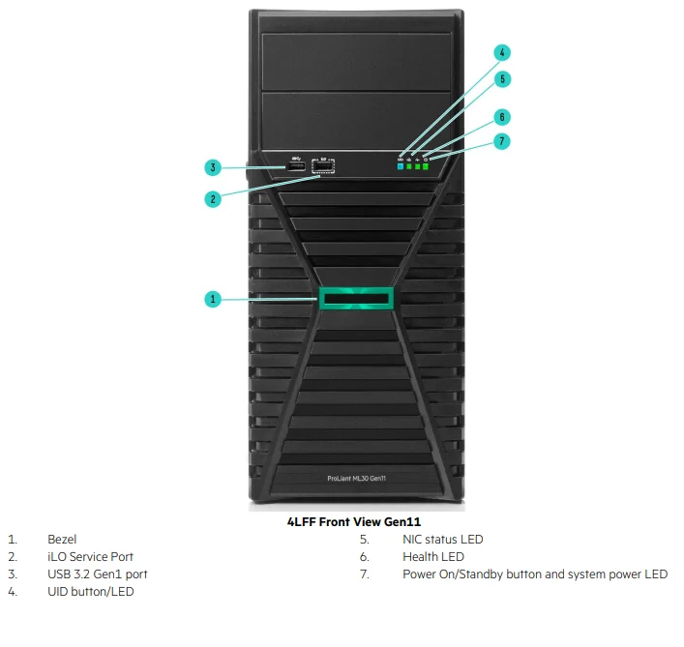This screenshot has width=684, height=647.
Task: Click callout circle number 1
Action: click(x=214, y=299)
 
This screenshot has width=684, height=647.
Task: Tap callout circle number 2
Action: click(x=214, y=199)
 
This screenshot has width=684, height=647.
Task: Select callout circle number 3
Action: click(x=214, y=167)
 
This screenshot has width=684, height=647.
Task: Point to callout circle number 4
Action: click(x=502, y=52)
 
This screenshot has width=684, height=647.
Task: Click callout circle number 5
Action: click(x=502, y=78)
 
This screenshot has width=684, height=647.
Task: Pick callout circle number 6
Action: click(x=502, y=117)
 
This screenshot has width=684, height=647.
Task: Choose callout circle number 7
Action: click(x=502, y=141)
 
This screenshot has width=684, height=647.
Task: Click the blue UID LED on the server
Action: click(x=401, y=166)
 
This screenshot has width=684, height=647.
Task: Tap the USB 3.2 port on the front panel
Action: click(x=295, y=168)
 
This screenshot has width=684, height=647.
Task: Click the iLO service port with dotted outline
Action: click(x=323, y=168)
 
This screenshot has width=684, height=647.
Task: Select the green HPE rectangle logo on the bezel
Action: click(x=355, y=298)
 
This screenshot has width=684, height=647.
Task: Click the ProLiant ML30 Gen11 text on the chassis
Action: click(x=355, y=479)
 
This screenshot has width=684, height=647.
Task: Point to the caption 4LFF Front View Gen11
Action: click(x=354, y=522)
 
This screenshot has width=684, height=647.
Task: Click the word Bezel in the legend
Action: click(x=62, y=540)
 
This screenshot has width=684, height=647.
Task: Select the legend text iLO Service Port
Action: click(x=90, y=557)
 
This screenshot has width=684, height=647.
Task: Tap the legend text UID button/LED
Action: click(x=90, y=592)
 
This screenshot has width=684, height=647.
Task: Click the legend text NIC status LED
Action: click(x=442, y=540)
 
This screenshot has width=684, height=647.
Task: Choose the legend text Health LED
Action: click(x=432, y=557)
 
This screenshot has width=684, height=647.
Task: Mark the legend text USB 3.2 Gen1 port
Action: click(x=98, y=574)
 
